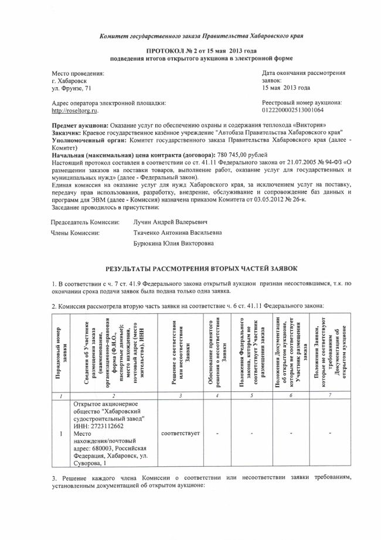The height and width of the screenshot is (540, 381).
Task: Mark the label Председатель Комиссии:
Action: tap(86, 223)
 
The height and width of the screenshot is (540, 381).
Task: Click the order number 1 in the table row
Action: tap(61, 434)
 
